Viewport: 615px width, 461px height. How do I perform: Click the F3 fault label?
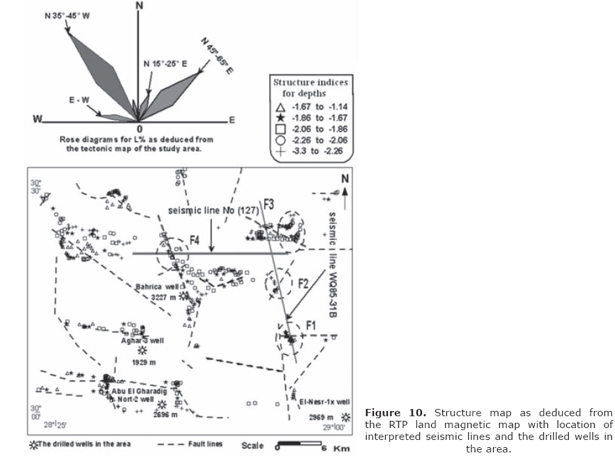point(269,203)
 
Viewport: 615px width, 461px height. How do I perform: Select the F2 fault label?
point(303,284)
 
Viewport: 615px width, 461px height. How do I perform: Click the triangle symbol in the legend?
point(280,107)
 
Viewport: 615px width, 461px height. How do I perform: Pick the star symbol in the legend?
point(280,118)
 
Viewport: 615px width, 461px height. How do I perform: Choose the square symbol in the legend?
point(280,129)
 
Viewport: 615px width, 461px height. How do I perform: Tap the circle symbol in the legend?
point(280,140)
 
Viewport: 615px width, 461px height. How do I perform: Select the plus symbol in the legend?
point(280,151)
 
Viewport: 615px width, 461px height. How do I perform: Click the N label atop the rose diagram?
point(139,6)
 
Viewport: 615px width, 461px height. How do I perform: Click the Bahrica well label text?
point(157,287)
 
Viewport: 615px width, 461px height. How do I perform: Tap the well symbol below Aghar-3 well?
point(141,351)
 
